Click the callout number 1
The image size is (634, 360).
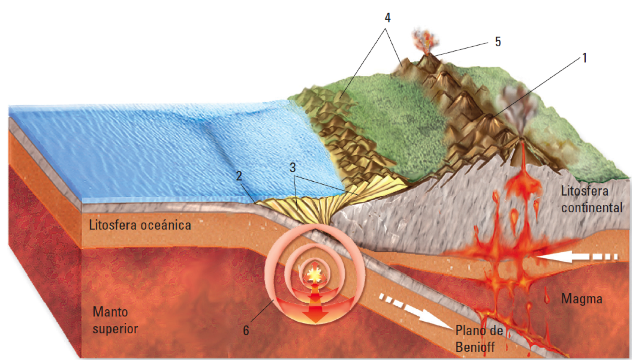(x=585, y=58)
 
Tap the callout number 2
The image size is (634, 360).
(x=239, y=176)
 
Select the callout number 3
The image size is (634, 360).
(x=292, y=167)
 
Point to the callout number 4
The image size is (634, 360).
(x=387, y=18)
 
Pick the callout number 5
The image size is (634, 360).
(x=497, y=42)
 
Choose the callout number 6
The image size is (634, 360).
(x=246, y=330)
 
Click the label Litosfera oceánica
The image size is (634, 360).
(x=140, y=225)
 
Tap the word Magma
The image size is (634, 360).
(x=582, y=299)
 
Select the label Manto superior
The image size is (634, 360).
(x=115, y=320)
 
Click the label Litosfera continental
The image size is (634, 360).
(x=591, y=199)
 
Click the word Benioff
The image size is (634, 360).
(x=475, y=347)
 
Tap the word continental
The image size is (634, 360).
(x=592, y=208)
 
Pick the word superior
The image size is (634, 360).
(x=115, y=329)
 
